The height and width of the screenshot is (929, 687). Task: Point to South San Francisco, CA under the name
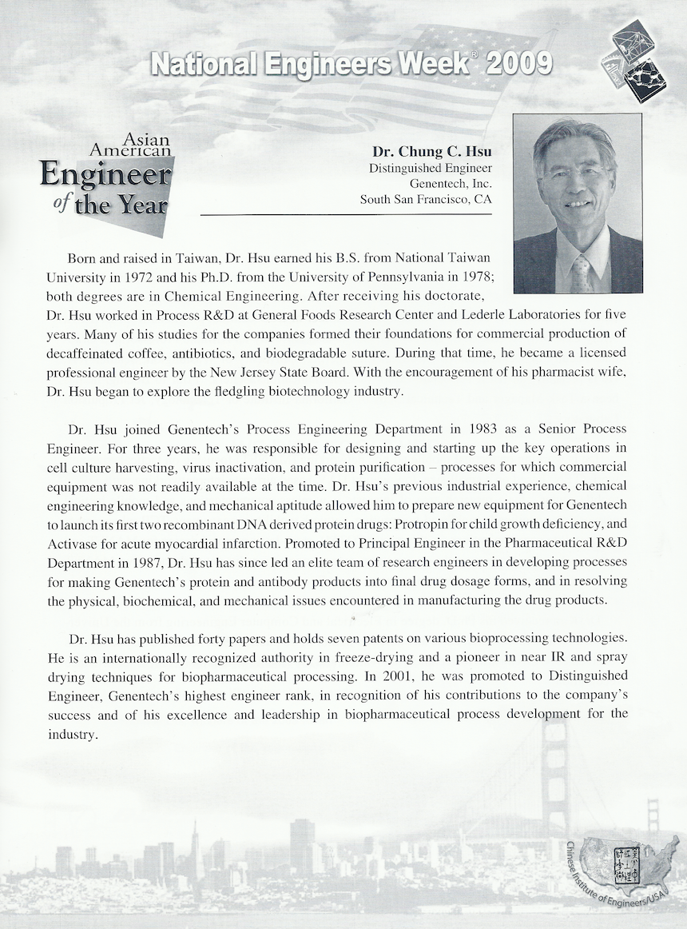click(x=426, y=199)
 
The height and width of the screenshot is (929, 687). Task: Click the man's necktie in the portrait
click(x=580, y=273)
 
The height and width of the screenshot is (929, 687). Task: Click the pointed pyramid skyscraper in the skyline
click(x=194, y=847)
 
